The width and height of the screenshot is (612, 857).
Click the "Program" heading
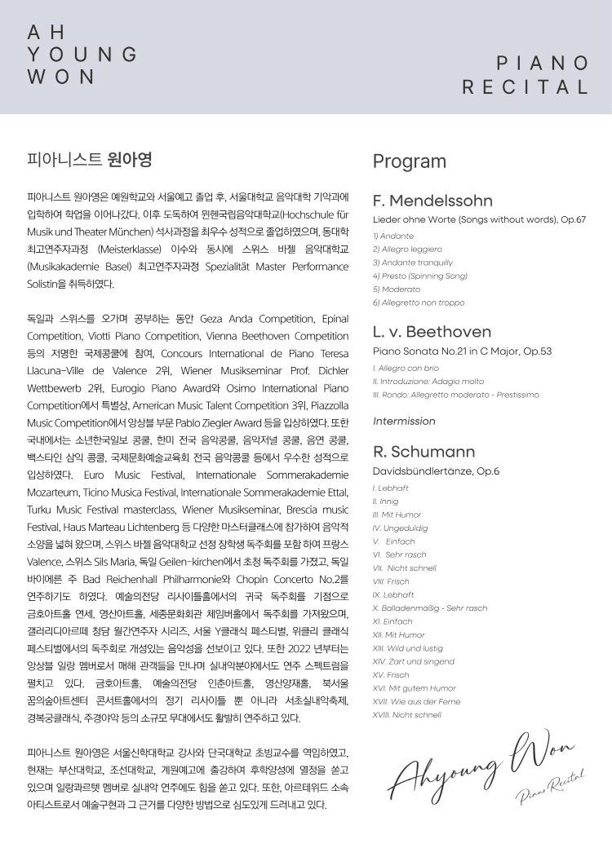click(x=410, y=161)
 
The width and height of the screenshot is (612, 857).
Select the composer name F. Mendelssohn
click(x=432, y=201)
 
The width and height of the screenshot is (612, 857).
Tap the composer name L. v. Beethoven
click(x=432, y=332)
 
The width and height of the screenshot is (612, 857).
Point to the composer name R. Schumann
click(x=424, y=451)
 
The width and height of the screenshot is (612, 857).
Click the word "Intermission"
click(x=404, y=422)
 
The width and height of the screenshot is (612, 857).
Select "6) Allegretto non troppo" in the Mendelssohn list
click(x=419, y=303)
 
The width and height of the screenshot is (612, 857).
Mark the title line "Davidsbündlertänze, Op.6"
click(x=436, y=471)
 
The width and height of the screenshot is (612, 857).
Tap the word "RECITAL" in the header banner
click(x=525, y=87)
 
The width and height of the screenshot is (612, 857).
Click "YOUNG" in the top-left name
click(x=82, y=55)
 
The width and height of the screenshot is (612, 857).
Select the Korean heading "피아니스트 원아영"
click(x=90, y=159)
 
